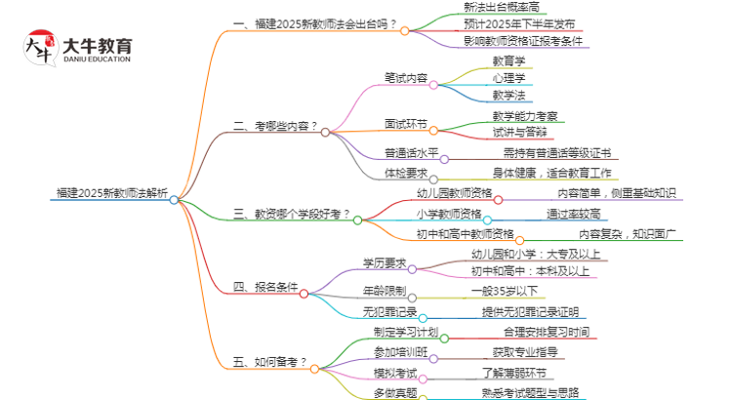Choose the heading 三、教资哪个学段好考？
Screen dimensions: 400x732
tap(292, 212)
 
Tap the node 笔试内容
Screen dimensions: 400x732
tap(406, 77)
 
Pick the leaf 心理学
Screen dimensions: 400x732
tap(508, 77)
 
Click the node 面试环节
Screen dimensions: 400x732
tap(406, 125)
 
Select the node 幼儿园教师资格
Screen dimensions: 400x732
tap(455, 193)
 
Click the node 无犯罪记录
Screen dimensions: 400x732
tap(389, 311)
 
